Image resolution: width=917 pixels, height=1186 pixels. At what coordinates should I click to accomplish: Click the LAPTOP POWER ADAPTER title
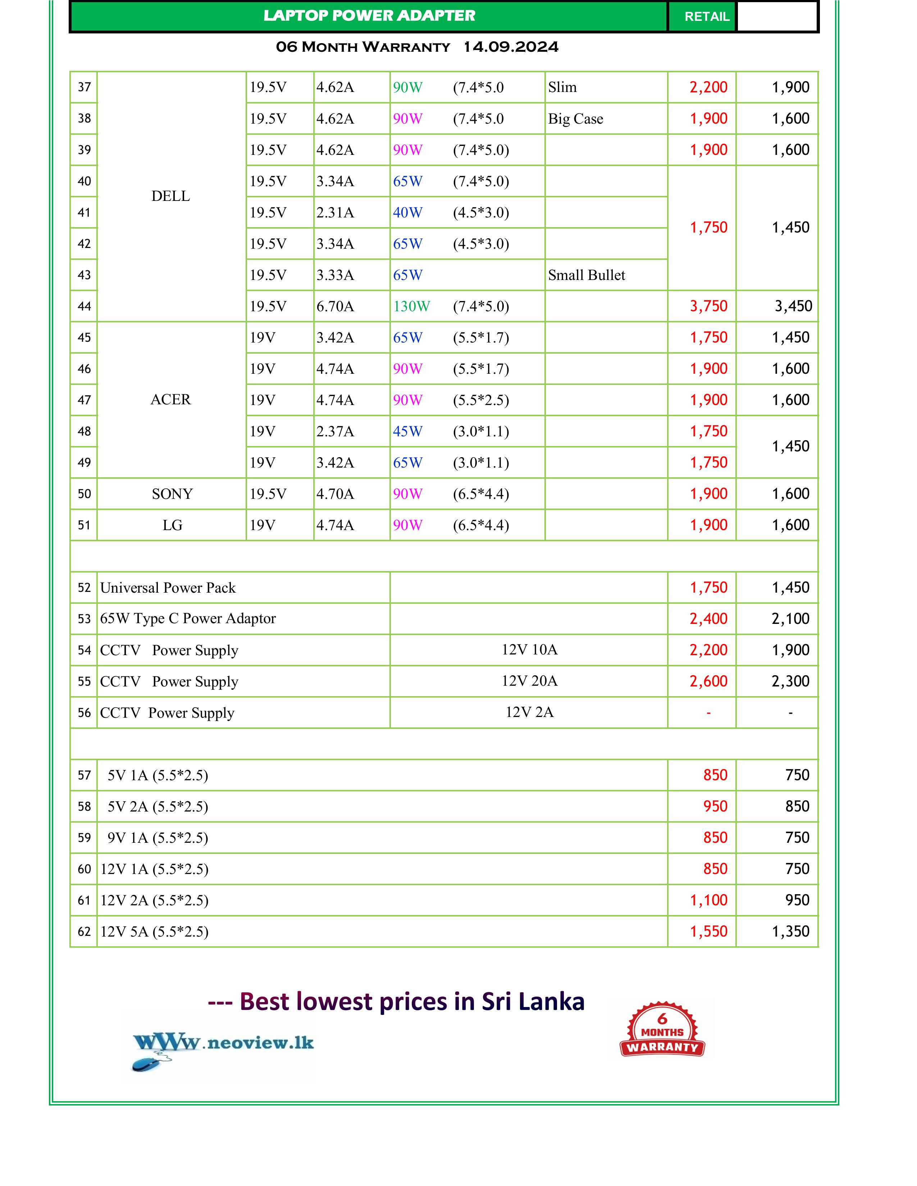coord(369,16)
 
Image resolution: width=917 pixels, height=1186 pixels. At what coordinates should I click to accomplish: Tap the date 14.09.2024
coord(510,47)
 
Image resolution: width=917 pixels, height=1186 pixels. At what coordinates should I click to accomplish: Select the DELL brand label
coord(170,196)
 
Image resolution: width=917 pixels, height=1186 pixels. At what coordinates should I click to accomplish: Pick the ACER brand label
coord(170,400)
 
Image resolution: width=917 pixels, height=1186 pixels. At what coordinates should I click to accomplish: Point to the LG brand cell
coord(172,525)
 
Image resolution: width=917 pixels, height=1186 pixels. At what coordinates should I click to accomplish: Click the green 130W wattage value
coord(411,306)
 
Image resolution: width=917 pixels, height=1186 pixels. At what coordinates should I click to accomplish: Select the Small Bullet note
coord(586,275)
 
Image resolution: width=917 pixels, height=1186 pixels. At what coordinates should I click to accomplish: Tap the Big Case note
coord(575,119)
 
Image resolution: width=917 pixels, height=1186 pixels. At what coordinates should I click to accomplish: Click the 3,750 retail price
coord(708,306)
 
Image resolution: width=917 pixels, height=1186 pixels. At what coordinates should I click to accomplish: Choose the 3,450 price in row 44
coord(793,306)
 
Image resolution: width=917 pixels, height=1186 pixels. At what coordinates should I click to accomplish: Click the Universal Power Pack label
coord(168,588)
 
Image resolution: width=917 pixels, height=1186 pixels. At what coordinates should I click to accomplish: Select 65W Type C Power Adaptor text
coord(188,619)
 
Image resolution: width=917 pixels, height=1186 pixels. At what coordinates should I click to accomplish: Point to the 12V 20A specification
coord(529,681)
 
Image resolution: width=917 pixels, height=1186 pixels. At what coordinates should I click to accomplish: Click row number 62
coord(84,932)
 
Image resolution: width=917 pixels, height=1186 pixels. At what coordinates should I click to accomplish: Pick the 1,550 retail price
coord(708,932)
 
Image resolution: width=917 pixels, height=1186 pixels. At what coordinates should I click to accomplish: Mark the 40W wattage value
coord(407,213)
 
